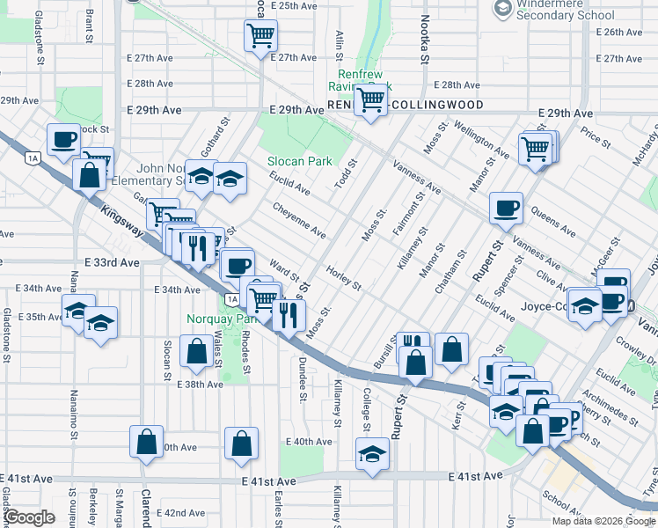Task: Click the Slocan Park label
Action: coord(300,161)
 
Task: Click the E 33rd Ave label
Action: coord(113,262)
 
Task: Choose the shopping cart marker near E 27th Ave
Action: coord(261,36)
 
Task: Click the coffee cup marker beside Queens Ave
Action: coord(506,209)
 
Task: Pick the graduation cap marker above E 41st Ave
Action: coord(372,455)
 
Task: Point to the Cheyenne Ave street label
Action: coord(299,220)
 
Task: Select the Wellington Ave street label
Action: coord(481,139)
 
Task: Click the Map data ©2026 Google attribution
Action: coord(603,521)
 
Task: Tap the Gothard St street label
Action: coord(219,132)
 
